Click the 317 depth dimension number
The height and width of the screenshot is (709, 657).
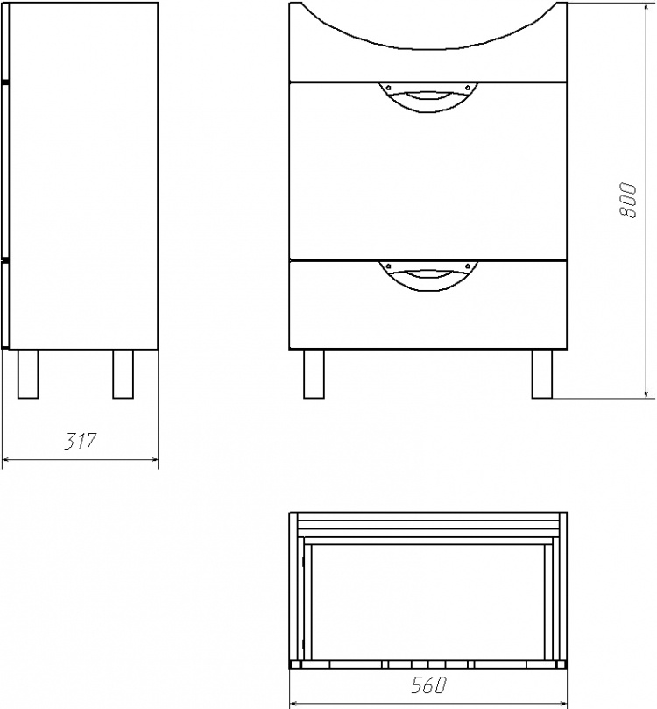click(x=81, y=442)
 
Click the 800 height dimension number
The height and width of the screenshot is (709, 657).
click(x=627, y=201)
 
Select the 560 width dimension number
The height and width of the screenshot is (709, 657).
click(x=428, y=685)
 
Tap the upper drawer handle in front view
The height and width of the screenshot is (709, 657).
click(x=427, y=96)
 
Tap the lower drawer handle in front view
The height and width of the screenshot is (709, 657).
click(x=427, y=275)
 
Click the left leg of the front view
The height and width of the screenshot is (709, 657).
click(x=314, y=374)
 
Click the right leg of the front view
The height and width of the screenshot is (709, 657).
click(x=542, y=374)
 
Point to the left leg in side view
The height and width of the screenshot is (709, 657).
click(x=28, y=374)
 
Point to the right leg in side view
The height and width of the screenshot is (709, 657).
click(x=123, y=374)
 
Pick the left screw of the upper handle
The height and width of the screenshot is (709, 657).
click(x=389, y=88)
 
